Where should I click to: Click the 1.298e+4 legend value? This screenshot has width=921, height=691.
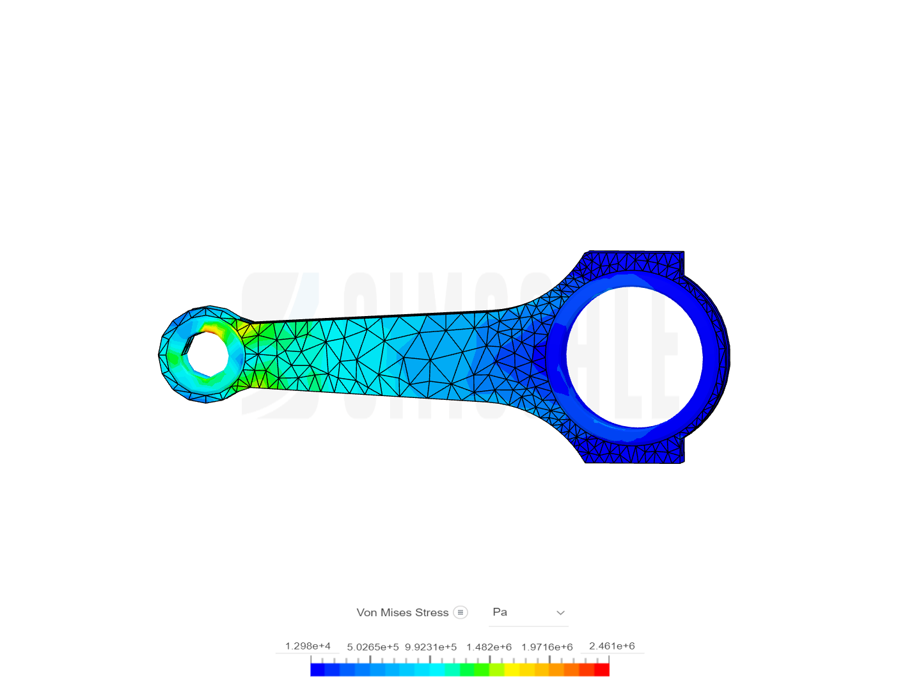click(308, 646)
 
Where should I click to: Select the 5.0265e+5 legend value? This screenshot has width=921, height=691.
click(372, 647)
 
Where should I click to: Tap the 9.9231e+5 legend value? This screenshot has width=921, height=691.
click(430, 647)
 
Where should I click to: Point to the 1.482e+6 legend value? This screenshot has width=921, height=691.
click(489, 647)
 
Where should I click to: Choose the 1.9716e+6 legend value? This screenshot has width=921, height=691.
click(547, 647)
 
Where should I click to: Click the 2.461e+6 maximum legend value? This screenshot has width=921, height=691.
click(611, 646)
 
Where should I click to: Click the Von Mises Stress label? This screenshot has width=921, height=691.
click(402, 612)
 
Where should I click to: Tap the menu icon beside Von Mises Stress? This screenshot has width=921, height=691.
click(460, 612)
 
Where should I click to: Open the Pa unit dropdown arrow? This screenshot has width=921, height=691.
click(560, 613)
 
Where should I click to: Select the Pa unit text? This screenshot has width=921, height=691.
click(500, 612)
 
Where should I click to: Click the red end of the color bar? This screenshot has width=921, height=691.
click(602, 670)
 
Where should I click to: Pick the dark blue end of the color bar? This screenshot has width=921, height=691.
click(317, 670)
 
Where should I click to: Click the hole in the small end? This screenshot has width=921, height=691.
click(205, 354)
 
